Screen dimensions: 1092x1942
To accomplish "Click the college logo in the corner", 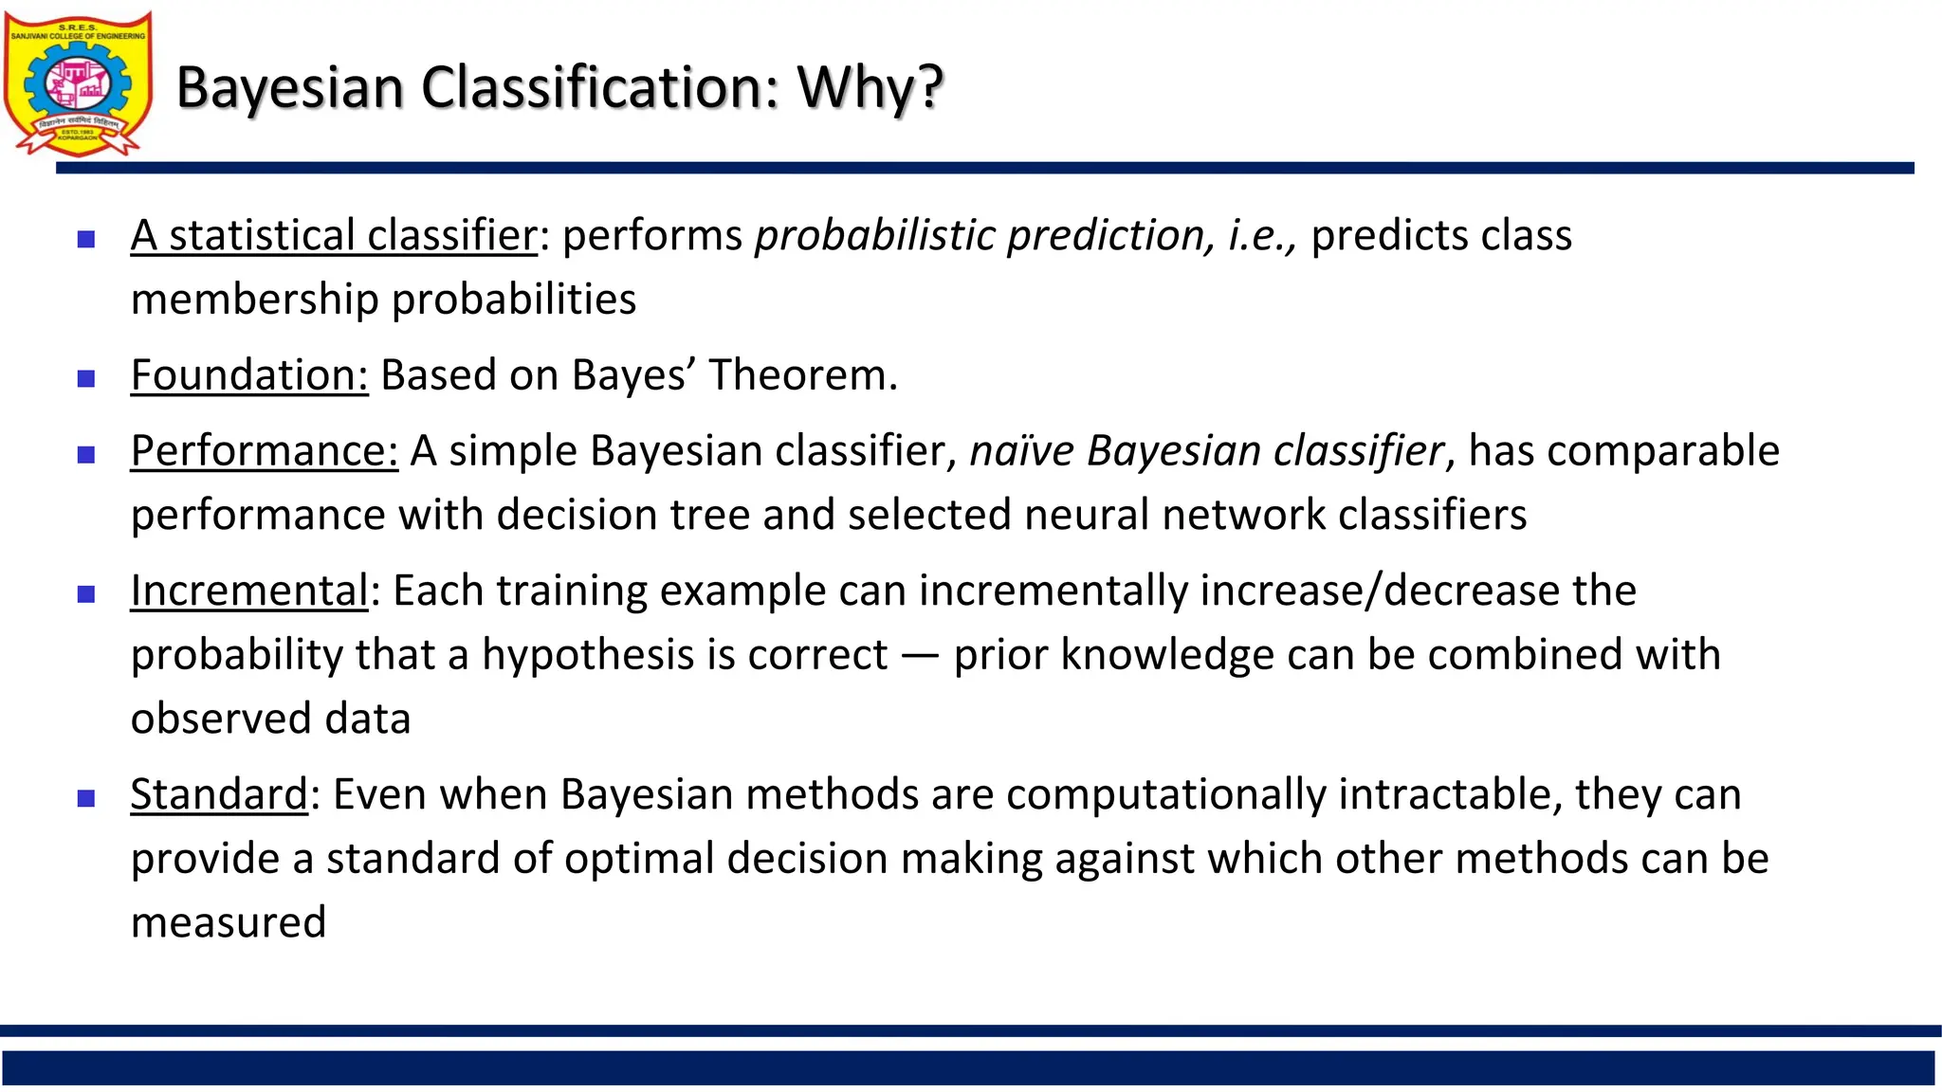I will [x=78, y=83].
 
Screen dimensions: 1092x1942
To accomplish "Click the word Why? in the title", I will [x=870, y=87].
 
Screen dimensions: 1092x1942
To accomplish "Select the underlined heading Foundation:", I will [x=249, y=375].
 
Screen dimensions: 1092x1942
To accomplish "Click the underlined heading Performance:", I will [x=265, y=451].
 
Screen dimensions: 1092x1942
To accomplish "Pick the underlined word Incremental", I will [x=249, y=591].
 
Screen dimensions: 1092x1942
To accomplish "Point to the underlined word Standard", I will [x=219, y=795].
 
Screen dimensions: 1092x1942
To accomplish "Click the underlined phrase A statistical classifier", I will [x=334, y=236].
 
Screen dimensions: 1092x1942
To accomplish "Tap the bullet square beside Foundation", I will [x=86, y=379].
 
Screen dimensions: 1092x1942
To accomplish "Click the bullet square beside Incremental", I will [x=86, y=595].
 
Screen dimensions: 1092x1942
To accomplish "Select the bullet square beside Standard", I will [x=86, y=799].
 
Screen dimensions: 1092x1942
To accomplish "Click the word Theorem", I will [x=802, y=375].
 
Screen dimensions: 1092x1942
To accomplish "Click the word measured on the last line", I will [x=229, y=923].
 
